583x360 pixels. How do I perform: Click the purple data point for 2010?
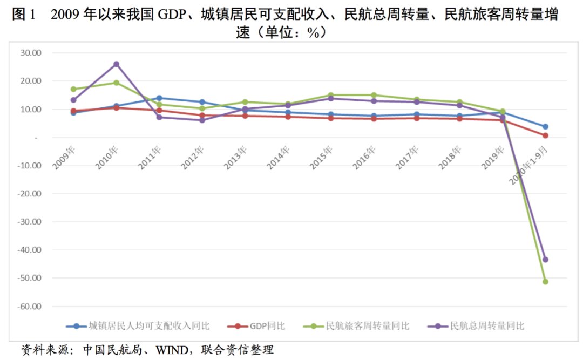tap(116, 64)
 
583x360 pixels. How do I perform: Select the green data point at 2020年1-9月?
tap(545, 282)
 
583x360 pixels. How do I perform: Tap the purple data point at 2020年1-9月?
tap(545, 260)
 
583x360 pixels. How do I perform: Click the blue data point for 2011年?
tap(159, 98)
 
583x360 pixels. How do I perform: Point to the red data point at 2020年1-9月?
tap(545, 135)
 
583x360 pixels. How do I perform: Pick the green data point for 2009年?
tap(73, 89)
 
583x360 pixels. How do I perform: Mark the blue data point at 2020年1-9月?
tap(545, 127)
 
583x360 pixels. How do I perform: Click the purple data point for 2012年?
tap(202, 120)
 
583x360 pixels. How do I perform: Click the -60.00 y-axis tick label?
tap(30, 306)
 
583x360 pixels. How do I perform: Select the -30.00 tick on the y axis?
tap(30, 221)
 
